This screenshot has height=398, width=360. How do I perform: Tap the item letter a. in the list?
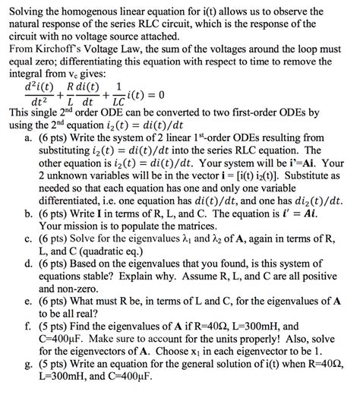(29, 140)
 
